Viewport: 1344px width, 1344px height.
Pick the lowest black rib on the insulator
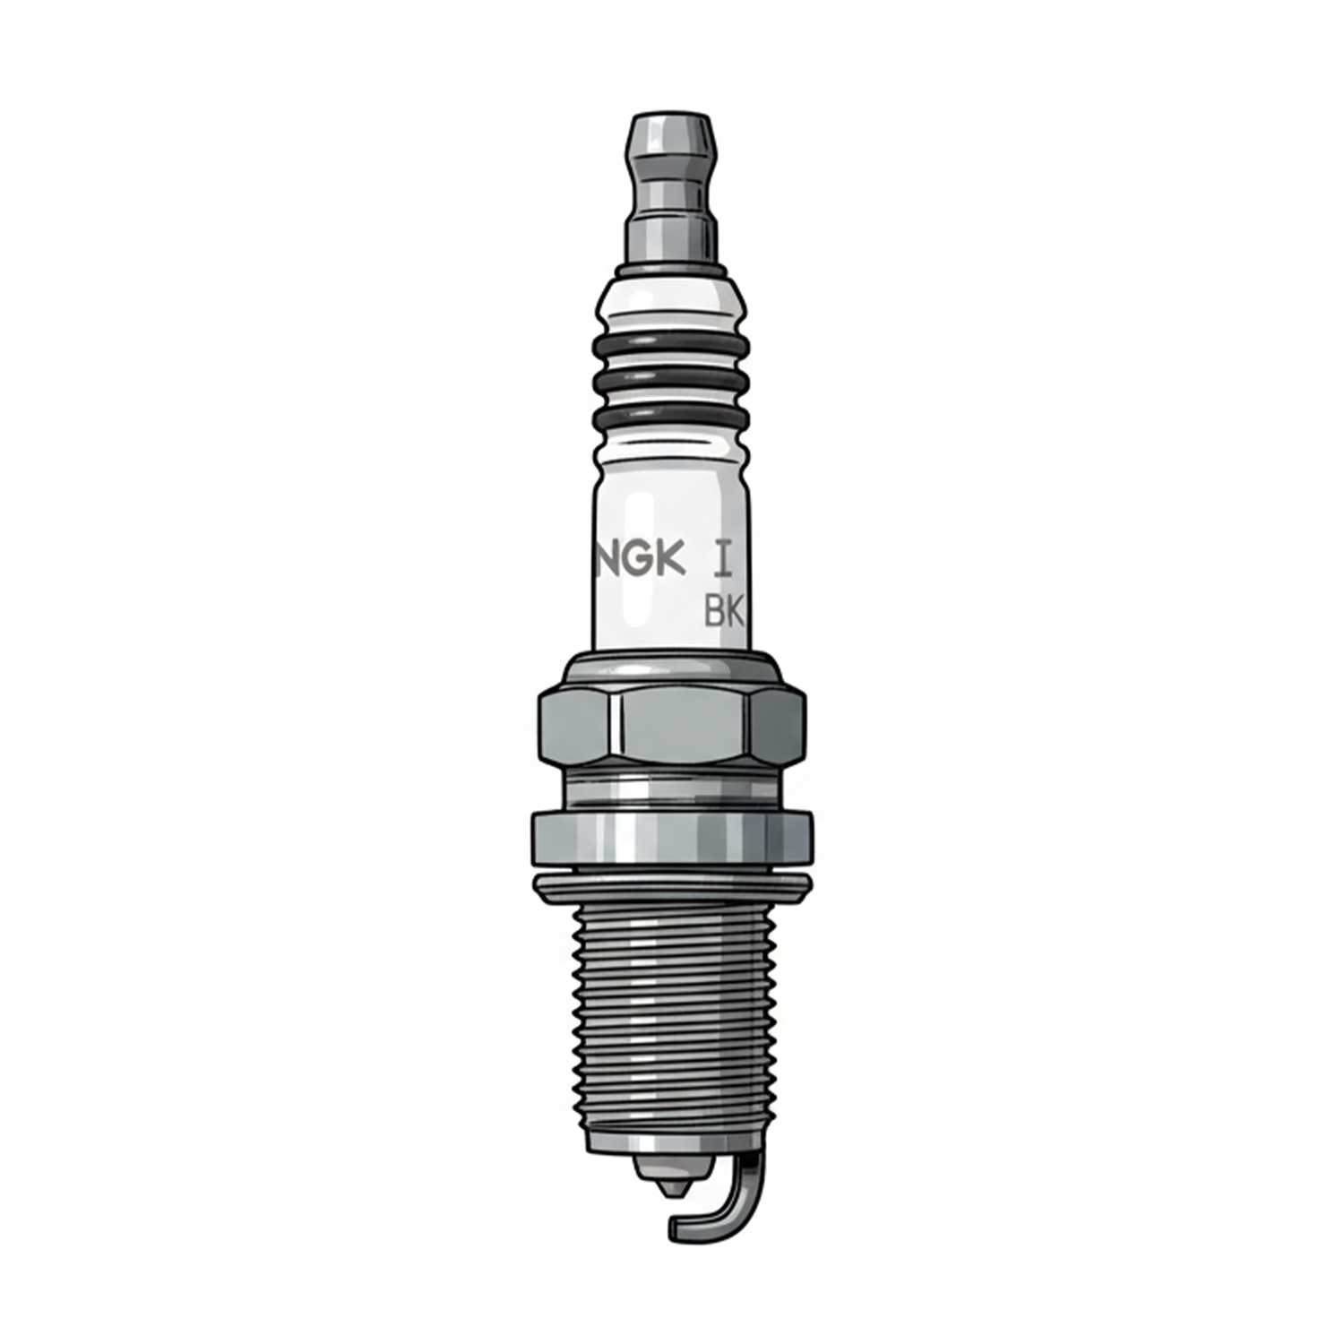671,418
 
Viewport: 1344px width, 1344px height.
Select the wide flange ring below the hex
672,838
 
